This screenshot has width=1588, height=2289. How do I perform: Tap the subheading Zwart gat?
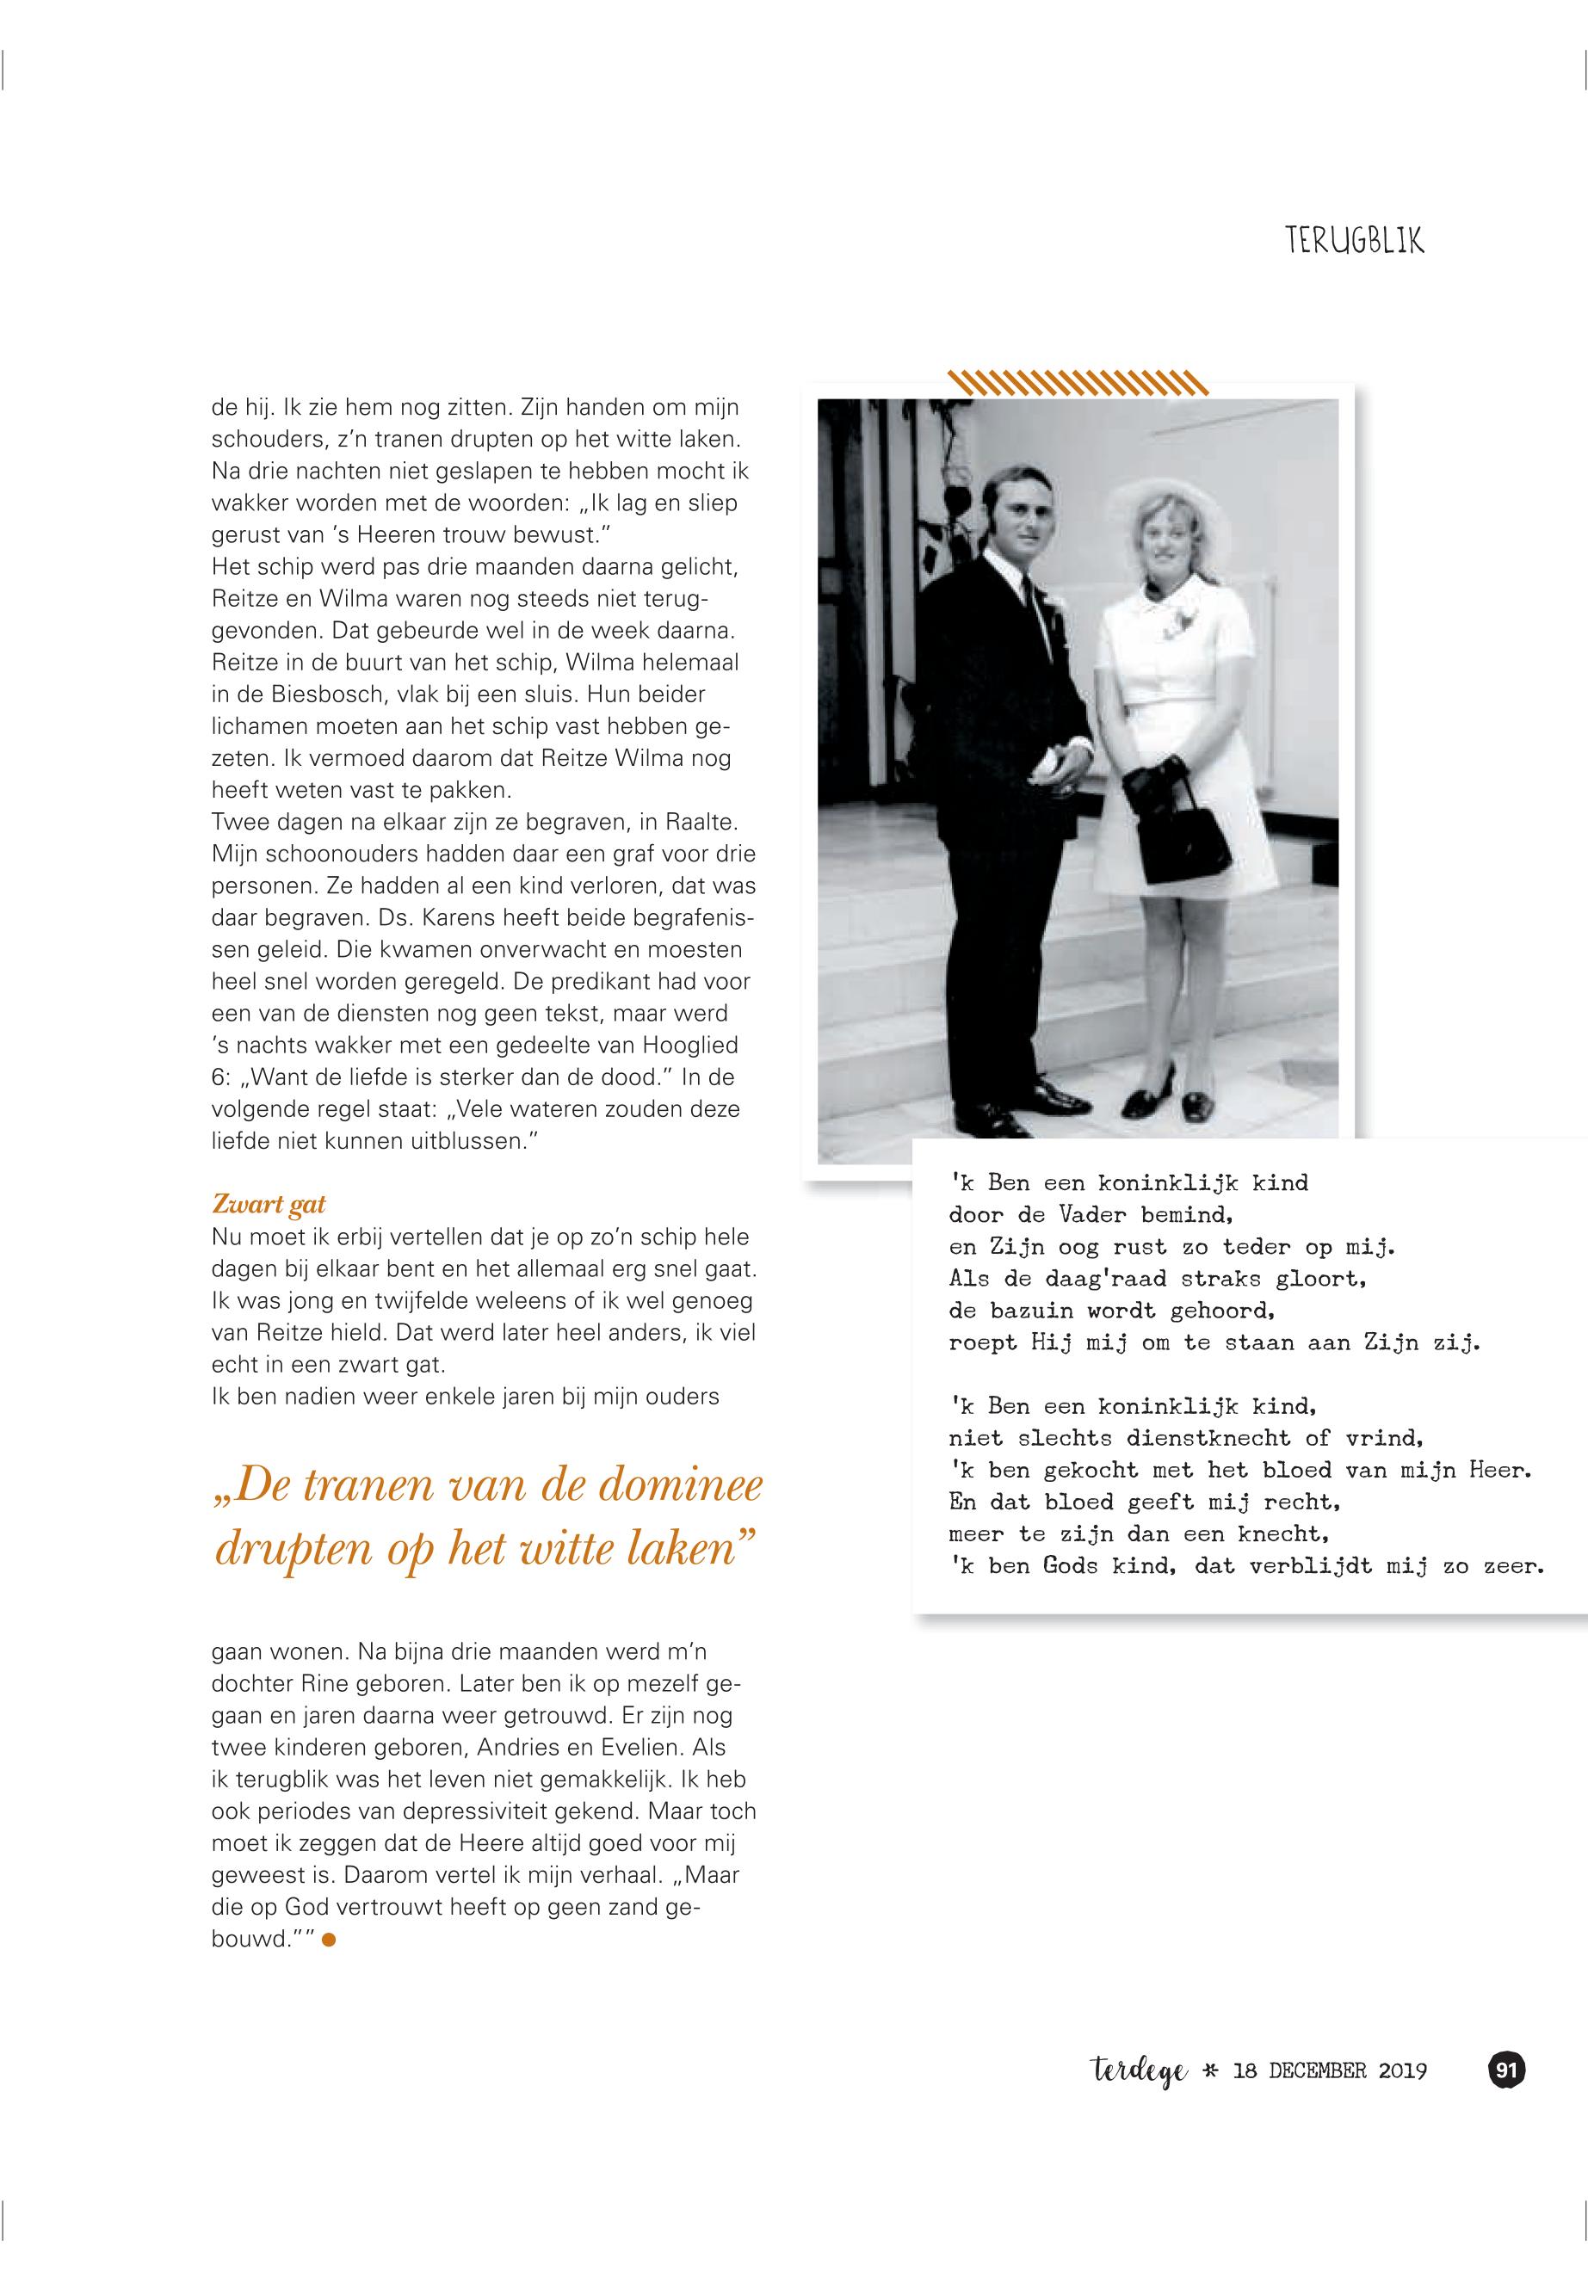tap(269, 1204)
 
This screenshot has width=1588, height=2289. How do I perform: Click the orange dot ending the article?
tap(330, 1940)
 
